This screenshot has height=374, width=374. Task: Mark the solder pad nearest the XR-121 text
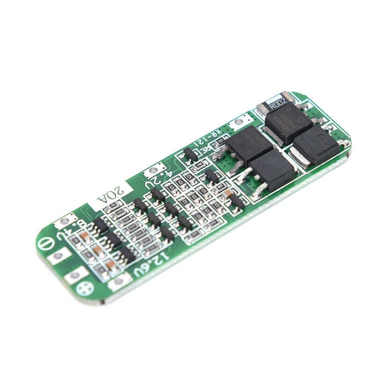click(239, 122)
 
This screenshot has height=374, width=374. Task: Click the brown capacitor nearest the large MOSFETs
click(227, 193)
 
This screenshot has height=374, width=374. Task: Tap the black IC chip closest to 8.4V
click(99, 225)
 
